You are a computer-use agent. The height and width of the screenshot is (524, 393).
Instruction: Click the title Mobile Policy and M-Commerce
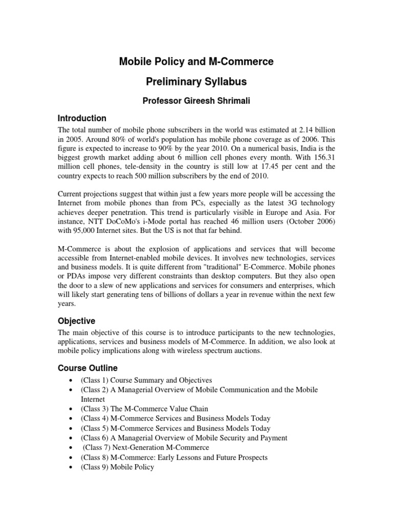tap(196, 62)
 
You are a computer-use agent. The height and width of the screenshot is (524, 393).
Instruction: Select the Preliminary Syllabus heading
tap(196, 82)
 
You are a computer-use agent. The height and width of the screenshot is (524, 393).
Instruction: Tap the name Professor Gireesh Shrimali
tap(196, 101)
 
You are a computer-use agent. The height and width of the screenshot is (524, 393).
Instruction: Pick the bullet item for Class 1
tap(146, 380)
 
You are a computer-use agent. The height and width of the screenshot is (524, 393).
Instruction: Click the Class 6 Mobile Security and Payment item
tap(184, 438)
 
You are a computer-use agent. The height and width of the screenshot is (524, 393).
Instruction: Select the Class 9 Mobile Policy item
tap(117, 467)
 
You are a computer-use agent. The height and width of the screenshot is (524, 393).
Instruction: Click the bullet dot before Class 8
tap(69, 457)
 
